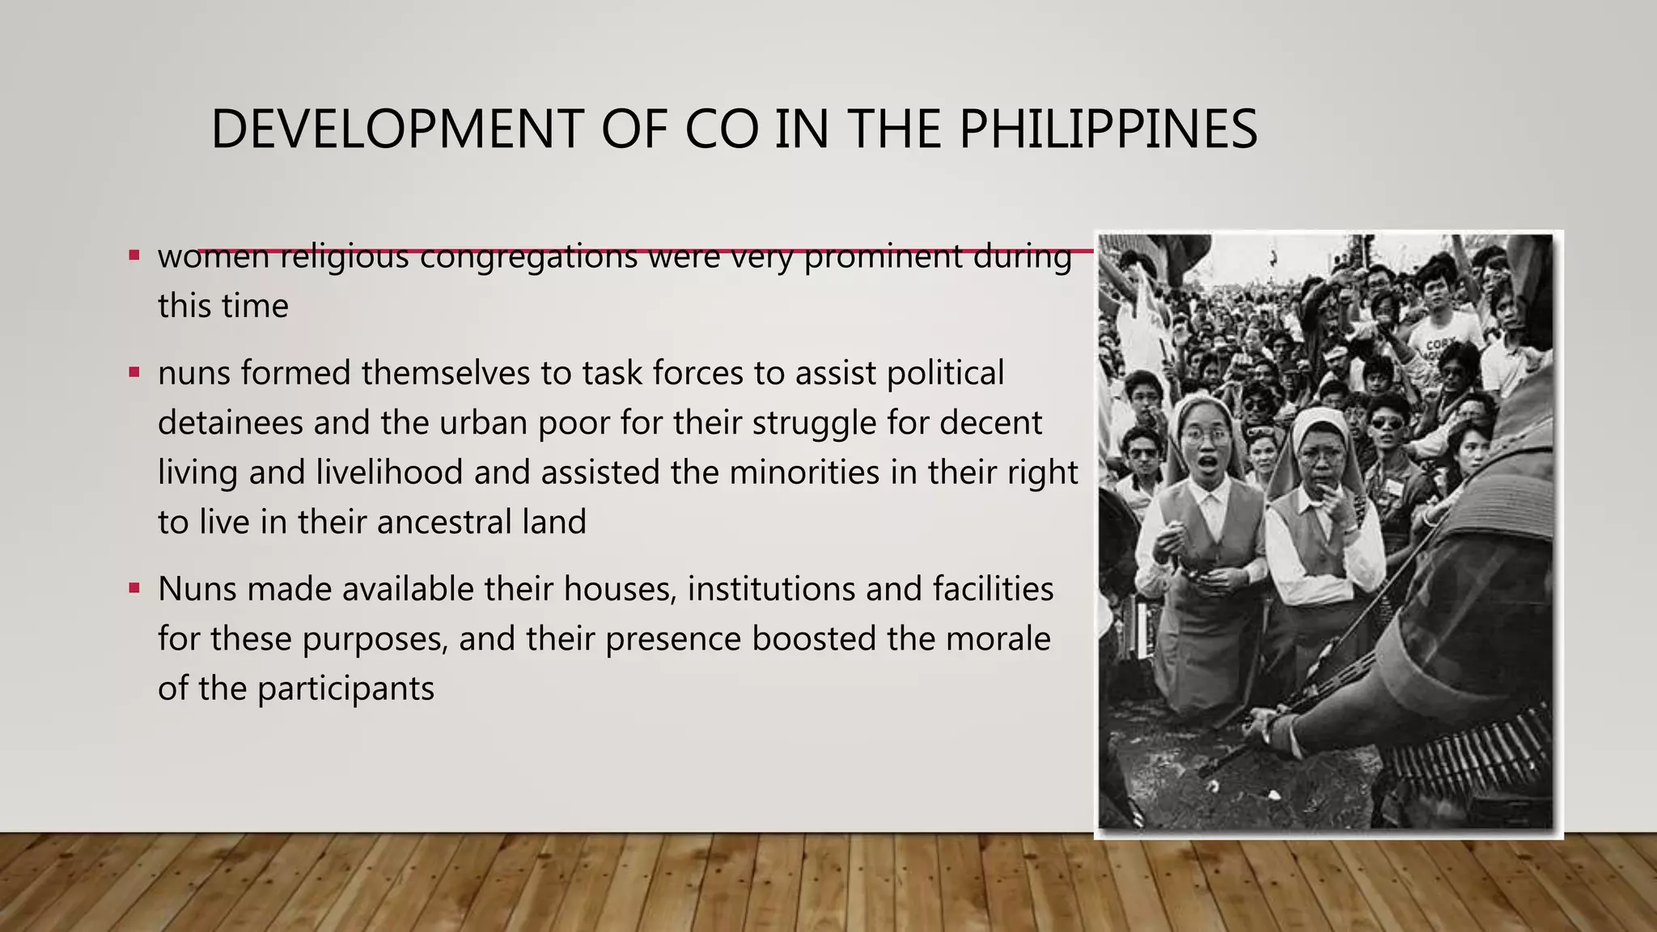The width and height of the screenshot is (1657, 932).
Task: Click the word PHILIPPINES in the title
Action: click(1108, 129)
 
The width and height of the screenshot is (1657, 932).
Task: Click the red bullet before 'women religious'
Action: click(134, 256)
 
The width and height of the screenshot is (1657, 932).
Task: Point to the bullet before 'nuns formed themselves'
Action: click(134, 373)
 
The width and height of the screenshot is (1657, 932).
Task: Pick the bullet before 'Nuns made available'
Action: click(134, 588)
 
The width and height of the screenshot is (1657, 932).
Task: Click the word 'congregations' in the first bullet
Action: click(528, 257)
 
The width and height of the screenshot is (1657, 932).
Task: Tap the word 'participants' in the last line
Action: click(345, 688)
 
